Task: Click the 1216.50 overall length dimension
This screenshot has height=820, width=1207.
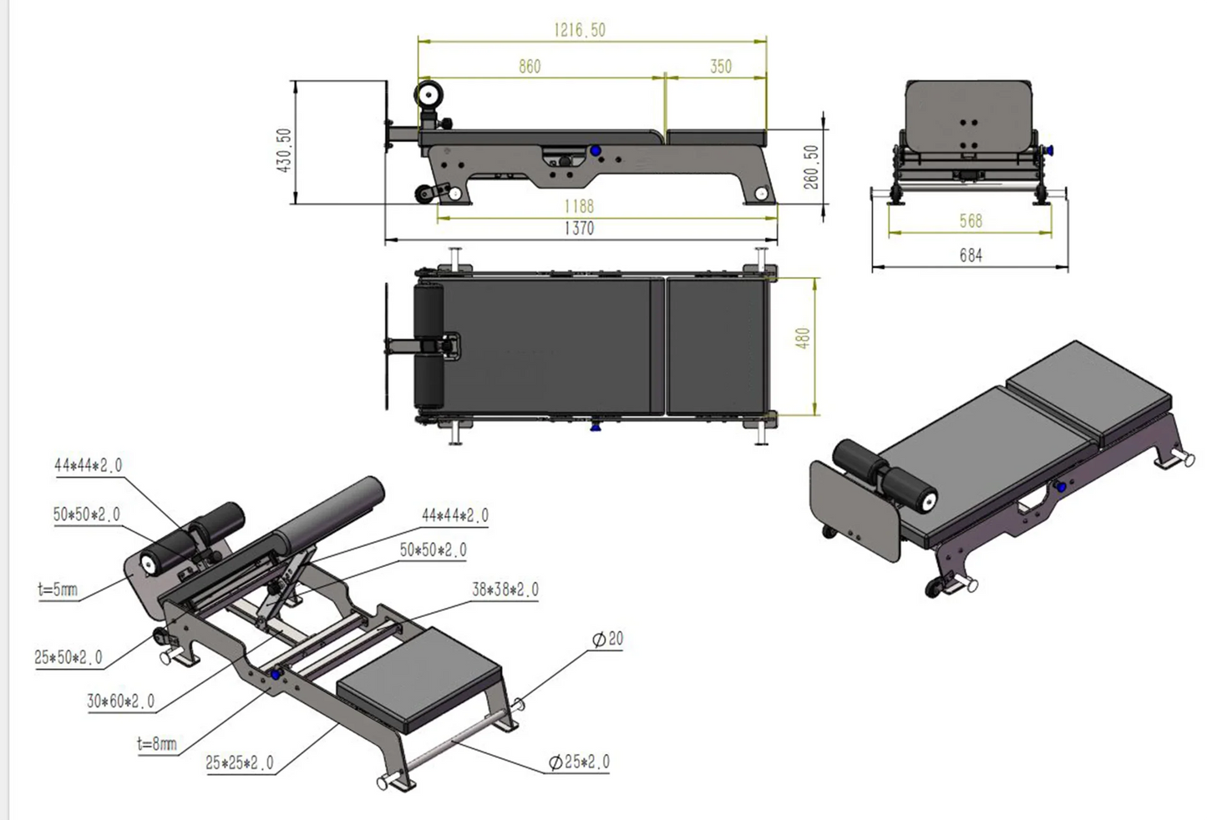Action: [579, 30]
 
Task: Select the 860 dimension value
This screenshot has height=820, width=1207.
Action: [530, 67]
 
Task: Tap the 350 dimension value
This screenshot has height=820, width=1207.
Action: [721, 67]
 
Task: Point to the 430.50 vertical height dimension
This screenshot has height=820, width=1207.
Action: [284, 150]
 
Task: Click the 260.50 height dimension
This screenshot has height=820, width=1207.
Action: [811, 167]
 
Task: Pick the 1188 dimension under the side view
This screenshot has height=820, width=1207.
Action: [579, 205]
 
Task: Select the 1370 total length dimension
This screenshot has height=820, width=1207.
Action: [579, 228]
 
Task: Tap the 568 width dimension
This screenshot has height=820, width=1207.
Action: [971, 221]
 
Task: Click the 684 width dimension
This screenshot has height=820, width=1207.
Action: [971, 256]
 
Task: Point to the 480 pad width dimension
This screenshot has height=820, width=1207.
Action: [803, 338]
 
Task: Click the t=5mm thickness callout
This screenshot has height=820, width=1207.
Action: [58, 590]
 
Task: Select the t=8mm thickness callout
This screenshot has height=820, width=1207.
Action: [157, 743]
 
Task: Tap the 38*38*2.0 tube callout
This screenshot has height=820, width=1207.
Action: [505, 590]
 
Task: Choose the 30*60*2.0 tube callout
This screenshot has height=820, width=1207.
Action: [120, 701]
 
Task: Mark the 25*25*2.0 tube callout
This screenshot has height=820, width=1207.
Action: [239, 763]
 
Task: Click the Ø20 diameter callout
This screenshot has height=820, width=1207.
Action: [607, 640]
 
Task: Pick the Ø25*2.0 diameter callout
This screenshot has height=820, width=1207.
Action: [579, 762]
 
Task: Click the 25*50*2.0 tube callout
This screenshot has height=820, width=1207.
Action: [68, 658]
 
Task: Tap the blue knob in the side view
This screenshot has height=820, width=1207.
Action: [596, 151]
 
